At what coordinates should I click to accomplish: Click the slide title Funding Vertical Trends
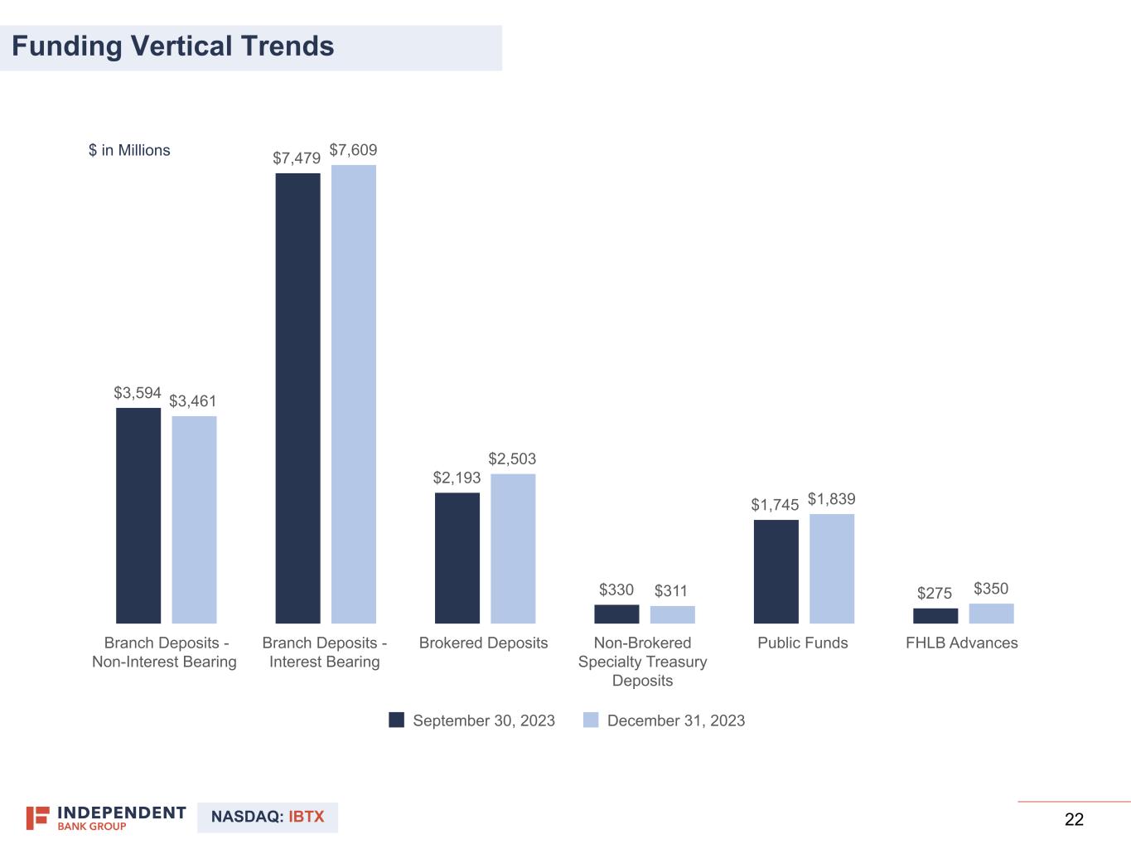[x=173, y=46]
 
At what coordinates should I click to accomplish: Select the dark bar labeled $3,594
[x=138, y=515]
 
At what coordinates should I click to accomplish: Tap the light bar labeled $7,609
[x=354, y=394]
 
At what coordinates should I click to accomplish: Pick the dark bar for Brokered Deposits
[x=457, y=558]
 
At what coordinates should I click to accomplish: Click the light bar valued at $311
[x=672, y=614]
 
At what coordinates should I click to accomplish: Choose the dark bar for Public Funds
[x=776, y=571]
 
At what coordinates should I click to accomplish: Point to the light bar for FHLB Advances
[x=991, y=614]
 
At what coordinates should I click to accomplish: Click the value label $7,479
[x=297, y=158]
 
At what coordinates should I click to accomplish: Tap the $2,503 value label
[x=512, y=458]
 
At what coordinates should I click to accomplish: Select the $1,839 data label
[x=831, y=498]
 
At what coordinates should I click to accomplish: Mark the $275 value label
[x=935, y=593]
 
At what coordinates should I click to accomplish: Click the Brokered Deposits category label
[x=483, y=643]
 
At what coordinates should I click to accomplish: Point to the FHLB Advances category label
[x=961, y=643]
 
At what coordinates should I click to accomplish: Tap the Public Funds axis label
[x=802, y=643]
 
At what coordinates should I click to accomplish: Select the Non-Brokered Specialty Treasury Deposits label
[x=642, y=662]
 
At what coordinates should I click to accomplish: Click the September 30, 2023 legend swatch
[x=397, y=720]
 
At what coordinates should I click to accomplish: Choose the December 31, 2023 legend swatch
[x=591, y=720]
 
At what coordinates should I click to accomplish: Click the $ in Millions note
[x=129, y=150]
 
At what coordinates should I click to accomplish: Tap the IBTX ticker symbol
[x=307, y=817]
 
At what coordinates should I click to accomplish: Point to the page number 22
[x=1074, y=819]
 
